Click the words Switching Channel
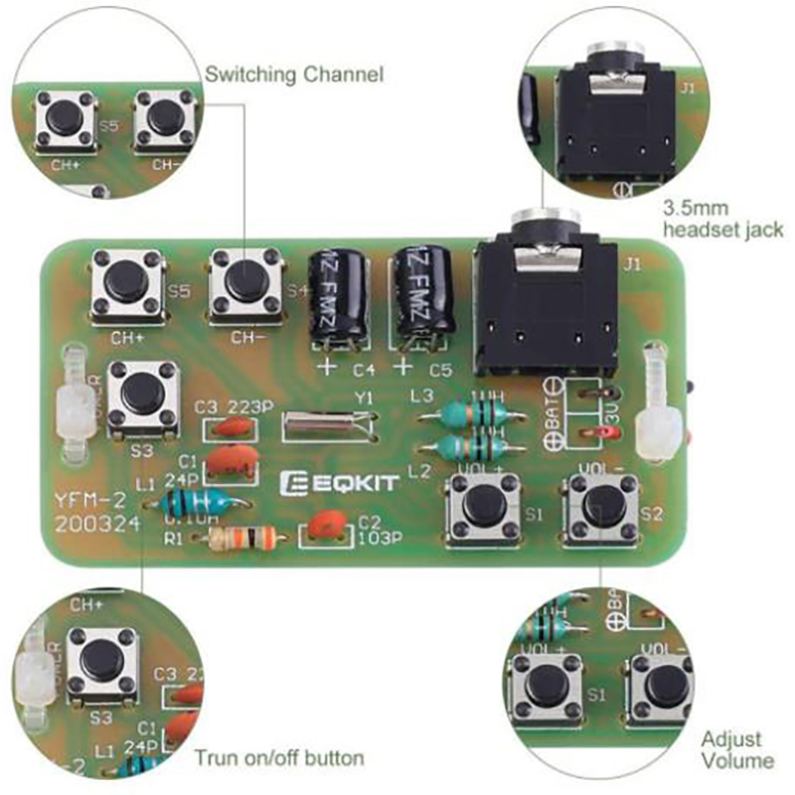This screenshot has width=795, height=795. tap(294, 75)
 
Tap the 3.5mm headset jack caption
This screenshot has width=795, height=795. tap(722, 220)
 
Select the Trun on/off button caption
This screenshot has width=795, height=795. tap(279, 758)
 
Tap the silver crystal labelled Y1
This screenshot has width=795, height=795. tap(329, 427)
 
